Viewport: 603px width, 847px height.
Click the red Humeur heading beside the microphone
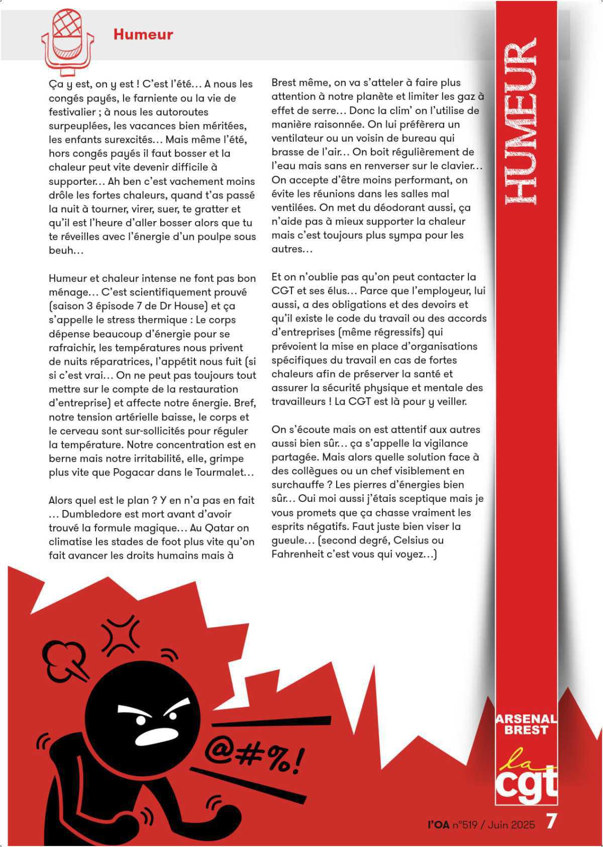143,35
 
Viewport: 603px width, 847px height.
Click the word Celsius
412,541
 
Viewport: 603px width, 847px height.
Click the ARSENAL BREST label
526,724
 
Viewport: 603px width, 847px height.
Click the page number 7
551,822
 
